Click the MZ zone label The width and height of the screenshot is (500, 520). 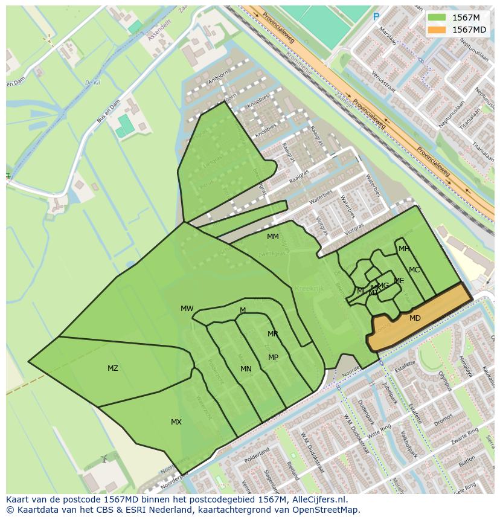click(113, 368)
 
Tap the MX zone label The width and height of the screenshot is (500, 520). click(176, 422)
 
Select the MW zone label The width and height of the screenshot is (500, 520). click(187, 309)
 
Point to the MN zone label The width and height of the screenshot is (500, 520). click(246, 369)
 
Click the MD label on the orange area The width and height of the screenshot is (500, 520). click(415, 318)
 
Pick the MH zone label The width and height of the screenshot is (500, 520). click(404, 249)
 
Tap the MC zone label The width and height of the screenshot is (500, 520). click(414, 270)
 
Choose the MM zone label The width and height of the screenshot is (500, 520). click(273, 237)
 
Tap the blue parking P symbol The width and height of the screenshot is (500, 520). click(376, 18)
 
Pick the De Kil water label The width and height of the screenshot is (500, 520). click(92, 83)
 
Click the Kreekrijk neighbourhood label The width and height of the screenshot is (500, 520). click(310, 289)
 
